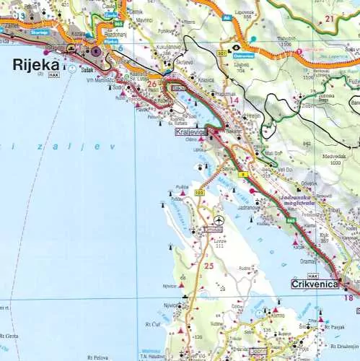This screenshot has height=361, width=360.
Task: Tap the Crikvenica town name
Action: (x=315, y=285)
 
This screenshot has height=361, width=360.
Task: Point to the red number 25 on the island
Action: (x=209, y=266)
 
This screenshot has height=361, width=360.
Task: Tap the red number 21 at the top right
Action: (x=330, y=18)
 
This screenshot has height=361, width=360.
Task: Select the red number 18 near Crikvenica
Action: (x=348, y=297)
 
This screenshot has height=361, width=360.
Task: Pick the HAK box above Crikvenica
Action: (x=312, y=276)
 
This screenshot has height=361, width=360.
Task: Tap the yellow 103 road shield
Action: (x=199, y=193)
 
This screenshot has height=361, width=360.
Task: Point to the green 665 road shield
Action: (x=289, y=219)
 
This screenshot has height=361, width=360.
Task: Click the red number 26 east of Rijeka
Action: (x=152, y=84)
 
